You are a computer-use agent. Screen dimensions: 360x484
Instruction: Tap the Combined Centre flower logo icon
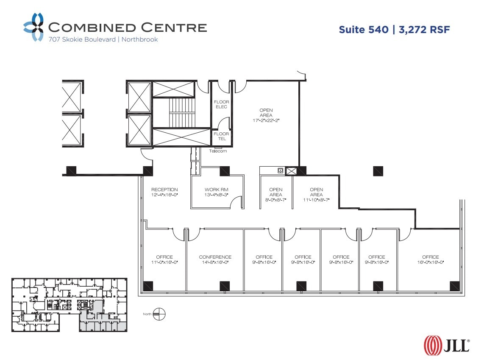click(33, 27)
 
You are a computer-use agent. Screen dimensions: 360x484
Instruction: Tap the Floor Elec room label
click(221, 104)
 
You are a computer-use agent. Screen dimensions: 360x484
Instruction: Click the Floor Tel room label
click(221, 136)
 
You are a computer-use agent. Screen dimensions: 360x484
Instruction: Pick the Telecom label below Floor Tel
click(218, 151)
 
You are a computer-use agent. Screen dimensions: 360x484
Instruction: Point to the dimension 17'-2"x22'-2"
click(266, 120)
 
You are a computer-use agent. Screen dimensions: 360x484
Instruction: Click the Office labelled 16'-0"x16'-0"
click(430, 260)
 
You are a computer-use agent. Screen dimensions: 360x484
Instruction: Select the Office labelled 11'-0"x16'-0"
click(164, 260)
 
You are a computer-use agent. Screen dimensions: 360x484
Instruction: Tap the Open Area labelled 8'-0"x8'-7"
click(275, 195)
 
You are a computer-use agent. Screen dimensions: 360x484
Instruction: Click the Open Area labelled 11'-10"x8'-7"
click(316, 195)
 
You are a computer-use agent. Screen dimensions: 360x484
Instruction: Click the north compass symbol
click(160, 315)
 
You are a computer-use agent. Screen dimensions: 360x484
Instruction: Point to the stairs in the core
click(181, 112)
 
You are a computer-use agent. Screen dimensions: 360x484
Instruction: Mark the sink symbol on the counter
click(280, 170)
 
